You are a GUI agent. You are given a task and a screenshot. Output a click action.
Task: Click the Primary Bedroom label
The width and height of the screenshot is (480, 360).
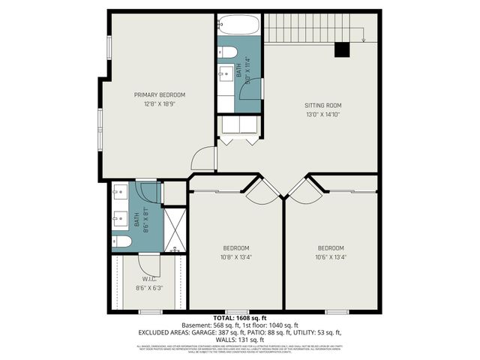point(159,94)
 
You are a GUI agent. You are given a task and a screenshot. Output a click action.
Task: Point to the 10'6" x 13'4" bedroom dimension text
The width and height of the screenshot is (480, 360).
point(330,256)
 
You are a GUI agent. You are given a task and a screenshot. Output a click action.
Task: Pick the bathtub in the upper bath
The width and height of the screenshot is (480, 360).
point(238,25)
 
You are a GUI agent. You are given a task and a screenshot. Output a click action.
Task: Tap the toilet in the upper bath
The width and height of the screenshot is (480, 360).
point(227,52)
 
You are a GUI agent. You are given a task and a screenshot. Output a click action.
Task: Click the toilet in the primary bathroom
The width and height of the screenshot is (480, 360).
point(121,241)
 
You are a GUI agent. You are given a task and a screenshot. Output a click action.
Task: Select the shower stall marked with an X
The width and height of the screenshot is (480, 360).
point(175,229)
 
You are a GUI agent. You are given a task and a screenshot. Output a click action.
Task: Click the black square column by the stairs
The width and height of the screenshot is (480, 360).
point(343,49)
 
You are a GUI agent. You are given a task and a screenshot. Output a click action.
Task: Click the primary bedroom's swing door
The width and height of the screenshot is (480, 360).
point(204,158)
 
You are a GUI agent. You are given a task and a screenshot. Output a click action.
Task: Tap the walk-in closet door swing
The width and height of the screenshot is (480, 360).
point(148,262)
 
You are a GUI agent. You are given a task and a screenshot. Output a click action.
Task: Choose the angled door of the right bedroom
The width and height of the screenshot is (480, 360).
point(304,190)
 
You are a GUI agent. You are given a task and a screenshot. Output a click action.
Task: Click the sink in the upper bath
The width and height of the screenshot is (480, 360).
point(226,73)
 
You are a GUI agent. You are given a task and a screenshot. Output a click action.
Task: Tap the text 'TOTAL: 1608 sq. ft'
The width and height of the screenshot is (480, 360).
point(239,318)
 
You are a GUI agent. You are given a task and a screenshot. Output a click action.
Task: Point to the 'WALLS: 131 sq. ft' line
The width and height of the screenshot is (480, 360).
point(239,339)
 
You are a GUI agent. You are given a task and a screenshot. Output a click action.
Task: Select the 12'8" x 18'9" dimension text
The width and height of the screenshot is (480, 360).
point(159,104)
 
